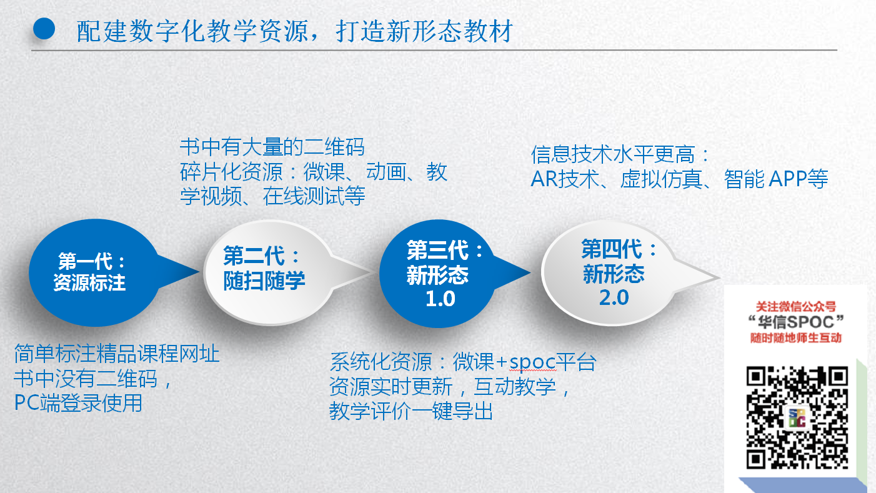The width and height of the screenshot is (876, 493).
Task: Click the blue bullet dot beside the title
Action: click(44, 29)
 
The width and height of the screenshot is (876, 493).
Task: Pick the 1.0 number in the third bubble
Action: click(440, 299)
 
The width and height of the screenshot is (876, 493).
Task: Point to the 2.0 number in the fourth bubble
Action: click(614, 298)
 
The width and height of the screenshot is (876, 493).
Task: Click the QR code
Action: click(797, 417)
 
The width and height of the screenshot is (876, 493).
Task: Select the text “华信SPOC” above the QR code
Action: click(796, 322)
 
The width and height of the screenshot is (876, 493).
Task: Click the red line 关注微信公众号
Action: click(796, 307)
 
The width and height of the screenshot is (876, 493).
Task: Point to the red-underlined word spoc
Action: click(532, 362)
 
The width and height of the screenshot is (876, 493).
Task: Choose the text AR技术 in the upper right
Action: click(565, 179)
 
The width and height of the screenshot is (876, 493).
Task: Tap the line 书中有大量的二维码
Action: click(272, 147)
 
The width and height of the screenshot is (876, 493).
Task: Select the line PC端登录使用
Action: click(78, 402)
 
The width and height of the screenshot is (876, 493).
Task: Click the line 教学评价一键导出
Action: click(411, 411)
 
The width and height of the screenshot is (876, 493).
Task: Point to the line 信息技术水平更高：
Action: click(620, 154)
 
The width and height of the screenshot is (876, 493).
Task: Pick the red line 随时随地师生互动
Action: click(796, 338)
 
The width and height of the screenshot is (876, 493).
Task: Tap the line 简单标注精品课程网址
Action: click(117, 354)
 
